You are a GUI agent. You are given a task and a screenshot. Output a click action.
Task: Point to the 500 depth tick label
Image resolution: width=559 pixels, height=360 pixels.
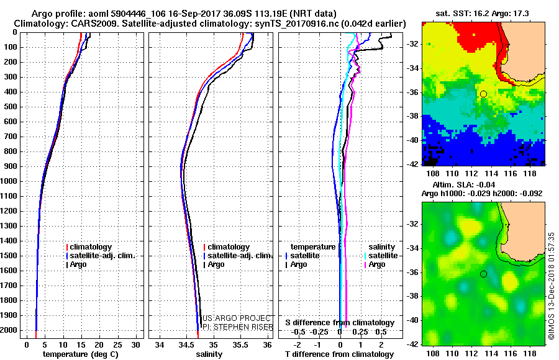(11, 107)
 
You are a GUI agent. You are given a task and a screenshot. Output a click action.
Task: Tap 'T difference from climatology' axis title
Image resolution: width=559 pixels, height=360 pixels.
(339, 354)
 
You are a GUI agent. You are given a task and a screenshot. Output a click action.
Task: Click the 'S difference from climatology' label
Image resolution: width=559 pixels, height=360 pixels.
(339, 323)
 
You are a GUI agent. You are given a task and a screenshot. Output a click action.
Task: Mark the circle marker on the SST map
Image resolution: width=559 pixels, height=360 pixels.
(483, 94)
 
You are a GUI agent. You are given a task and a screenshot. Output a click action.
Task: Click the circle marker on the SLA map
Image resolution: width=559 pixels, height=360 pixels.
(483, 274)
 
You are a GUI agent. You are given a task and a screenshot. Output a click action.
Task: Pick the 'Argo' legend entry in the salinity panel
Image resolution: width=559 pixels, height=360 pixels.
(216, 264)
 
